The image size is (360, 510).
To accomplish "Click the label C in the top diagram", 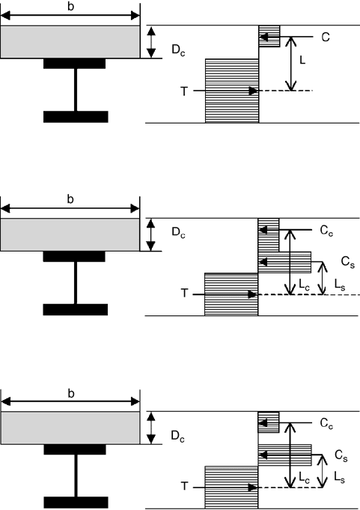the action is coord(326,37).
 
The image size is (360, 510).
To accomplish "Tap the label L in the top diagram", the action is coord(302,60).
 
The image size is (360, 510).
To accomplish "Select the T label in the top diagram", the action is coord(184,91).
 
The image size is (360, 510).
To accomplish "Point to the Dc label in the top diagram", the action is coord(178,50).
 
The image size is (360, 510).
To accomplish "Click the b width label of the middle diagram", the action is coord(70,199).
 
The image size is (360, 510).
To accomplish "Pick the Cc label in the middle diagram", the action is coord(326,230).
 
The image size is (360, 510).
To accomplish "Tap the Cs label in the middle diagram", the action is coord(347,262).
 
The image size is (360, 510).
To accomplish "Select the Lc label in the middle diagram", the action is coord(304,285).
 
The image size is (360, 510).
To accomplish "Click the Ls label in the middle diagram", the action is coord(340,285).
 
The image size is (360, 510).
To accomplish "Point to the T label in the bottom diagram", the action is coord(184,486).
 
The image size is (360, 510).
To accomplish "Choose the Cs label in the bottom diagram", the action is coord(341,455).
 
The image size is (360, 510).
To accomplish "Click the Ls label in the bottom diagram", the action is coord(340,478).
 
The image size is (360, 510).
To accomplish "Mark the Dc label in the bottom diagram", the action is coord(177,436).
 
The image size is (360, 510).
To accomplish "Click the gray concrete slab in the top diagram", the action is coord(70,42).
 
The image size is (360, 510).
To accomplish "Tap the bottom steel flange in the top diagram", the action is coord(76,117).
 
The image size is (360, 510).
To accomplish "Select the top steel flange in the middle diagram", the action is coord(74,256).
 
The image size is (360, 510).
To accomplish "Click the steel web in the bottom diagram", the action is coord(76,476).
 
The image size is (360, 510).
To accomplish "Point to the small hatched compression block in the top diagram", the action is coord(269,36).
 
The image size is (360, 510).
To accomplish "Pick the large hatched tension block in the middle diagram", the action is coord(231,294).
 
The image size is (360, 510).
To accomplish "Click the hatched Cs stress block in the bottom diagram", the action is coord(285,455).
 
